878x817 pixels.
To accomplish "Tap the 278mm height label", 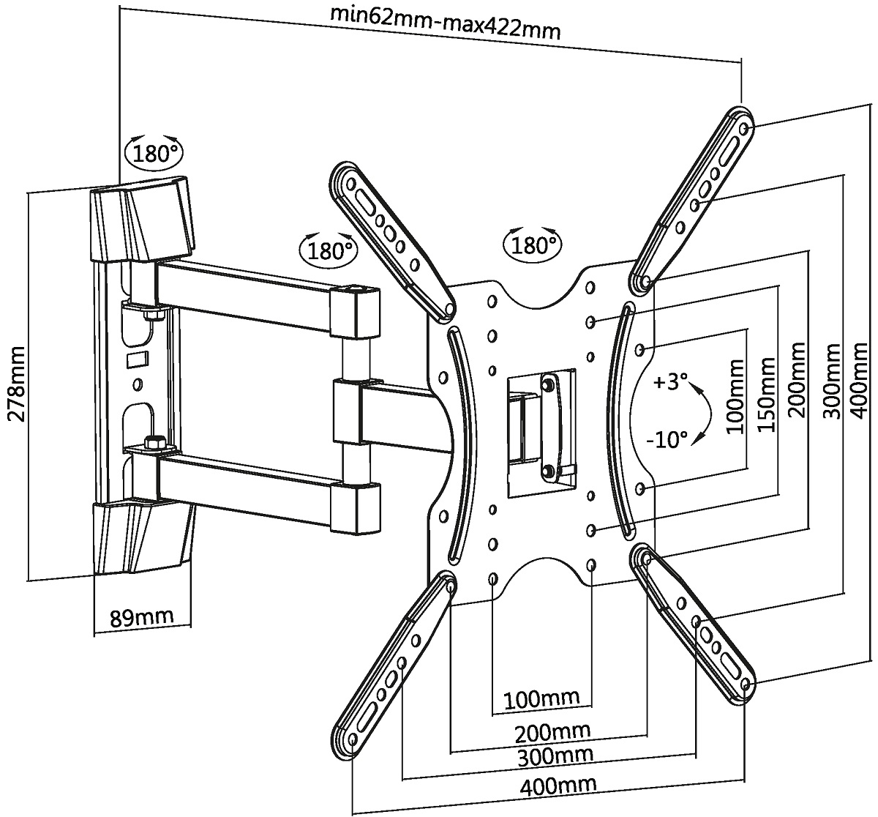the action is [x=17, y=384].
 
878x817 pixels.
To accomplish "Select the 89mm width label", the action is [x=141, y=617].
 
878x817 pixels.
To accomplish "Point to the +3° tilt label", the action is [x=671, y=381].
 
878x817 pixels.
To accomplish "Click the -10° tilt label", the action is [x=667, y=439].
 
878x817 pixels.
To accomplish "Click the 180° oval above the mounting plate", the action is [x=532, y=243].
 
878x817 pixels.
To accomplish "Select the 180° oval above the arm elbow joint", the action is [x=329, y=250].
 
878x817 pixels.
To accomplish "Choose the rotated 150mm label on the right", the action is [x=766, y=395].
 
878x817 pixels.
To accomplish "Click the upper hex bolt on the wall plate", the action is [x=153, y=315].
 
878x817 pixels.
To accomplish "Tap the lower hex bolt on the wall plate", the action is [x=154, y=443].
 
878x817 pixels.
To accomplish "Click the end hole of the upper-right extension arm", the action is [x=743, y=128].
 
